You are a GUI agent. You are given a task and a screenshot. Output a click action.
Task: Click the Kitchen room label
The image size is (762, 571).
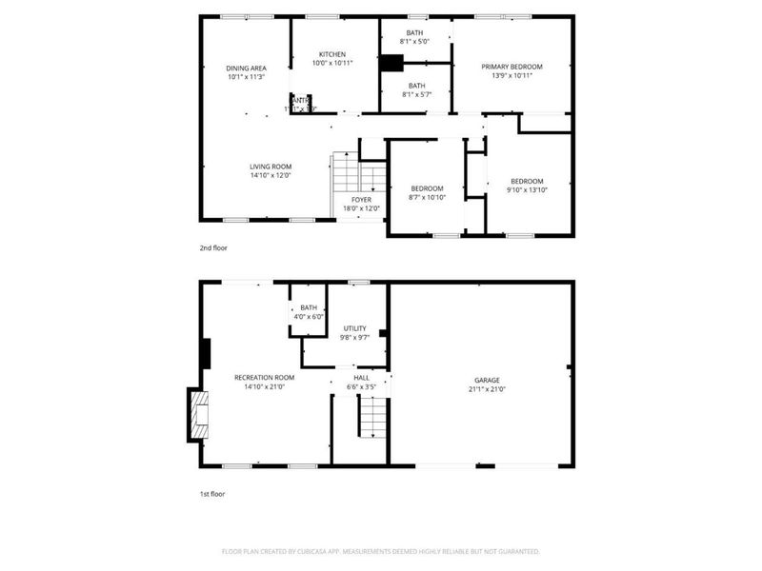pyautogui.click(x=332, y=54)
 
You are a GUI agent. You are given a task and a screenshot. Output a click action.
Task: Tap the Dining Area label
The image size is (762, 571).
pyautogui.click(x=246, y=68)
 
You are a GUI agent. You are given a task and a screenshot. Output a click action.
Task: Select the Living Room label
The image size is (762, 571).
pyautogui.click(x=271, y=167)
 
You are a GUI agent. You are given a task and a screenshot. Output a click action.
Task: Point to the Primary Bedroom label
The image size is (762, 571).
pyautogui.click(x=511, y=67)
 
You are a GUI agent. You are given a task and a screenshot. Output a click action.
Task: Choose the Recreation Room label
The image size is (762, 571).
pyautogui.click(x=259, y=378)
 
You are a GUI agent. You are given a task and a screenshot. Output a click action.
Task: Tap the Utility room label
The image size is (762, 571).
pyautogui.click(x=354, y=328)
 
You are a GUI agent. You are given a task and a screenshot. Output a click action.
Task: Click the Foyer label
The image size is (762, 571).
pyautogui.click(x=361, y=200)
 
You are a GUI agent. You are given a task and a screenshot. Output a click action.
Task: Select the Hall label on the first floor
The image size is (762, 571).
pyautogui.click(x=362, y=378)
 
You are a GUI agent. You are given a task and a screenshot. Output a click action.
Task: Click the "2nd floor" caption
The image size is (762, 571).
pyautogui.click(x=212, y=247)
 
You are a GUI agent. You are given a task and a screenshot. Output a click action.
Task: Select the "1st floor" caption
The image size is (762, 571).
pyautogui.click(x=211, y=495)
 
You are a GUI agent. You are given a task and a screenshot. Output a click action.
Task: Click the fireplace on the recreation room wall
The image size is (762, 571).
pyautogui.click(x=197, y=415)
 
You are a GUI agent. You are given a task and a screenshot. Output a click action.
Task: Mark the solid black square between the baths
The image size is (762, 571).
pyautogui.click(x=391, y=64)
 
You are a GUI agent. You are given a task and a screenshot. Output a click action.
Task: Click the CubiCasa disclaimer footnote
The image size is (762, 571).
pyautogui.click(x=381, y=551)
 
